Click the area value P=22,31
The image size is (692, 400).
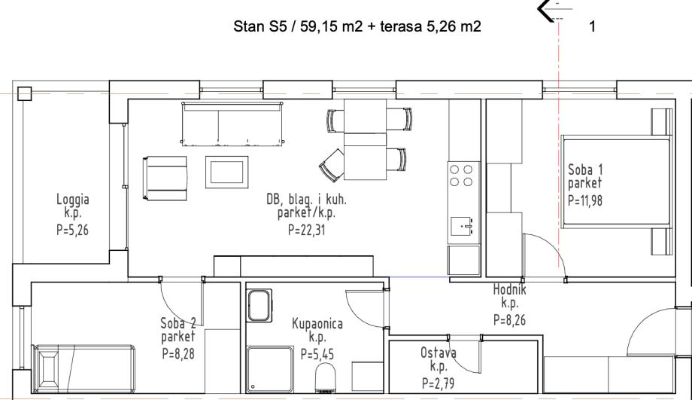pos(307,231)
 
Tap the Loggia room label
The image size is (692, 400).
pos(73,200)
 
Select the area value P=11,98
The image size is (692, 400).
pos(584,200)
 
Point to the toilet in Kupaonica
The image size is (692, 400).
pos(326,378)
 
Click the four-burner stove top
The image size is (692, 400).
pos(461,176)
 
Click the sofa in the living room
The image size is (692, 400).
pos(232,124)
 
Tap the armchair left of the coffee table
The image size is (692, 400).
pos(165,178)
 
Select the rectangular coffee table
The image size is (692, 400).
pos(227,172)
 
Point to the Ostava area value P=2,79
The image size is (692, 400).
pos(439,383)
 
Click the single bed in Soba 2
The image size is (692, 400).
pos(84,368)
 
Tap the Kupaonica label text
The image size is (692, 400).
pos(317,324)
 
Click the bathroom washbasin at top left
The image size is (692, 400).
pos(259,305)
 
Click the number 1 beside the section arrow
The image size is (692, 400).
pos(592,26)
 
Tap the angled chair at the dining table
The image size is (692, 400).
pos(332,165)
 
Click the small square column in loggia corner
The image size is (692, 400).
pos(25,93)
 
